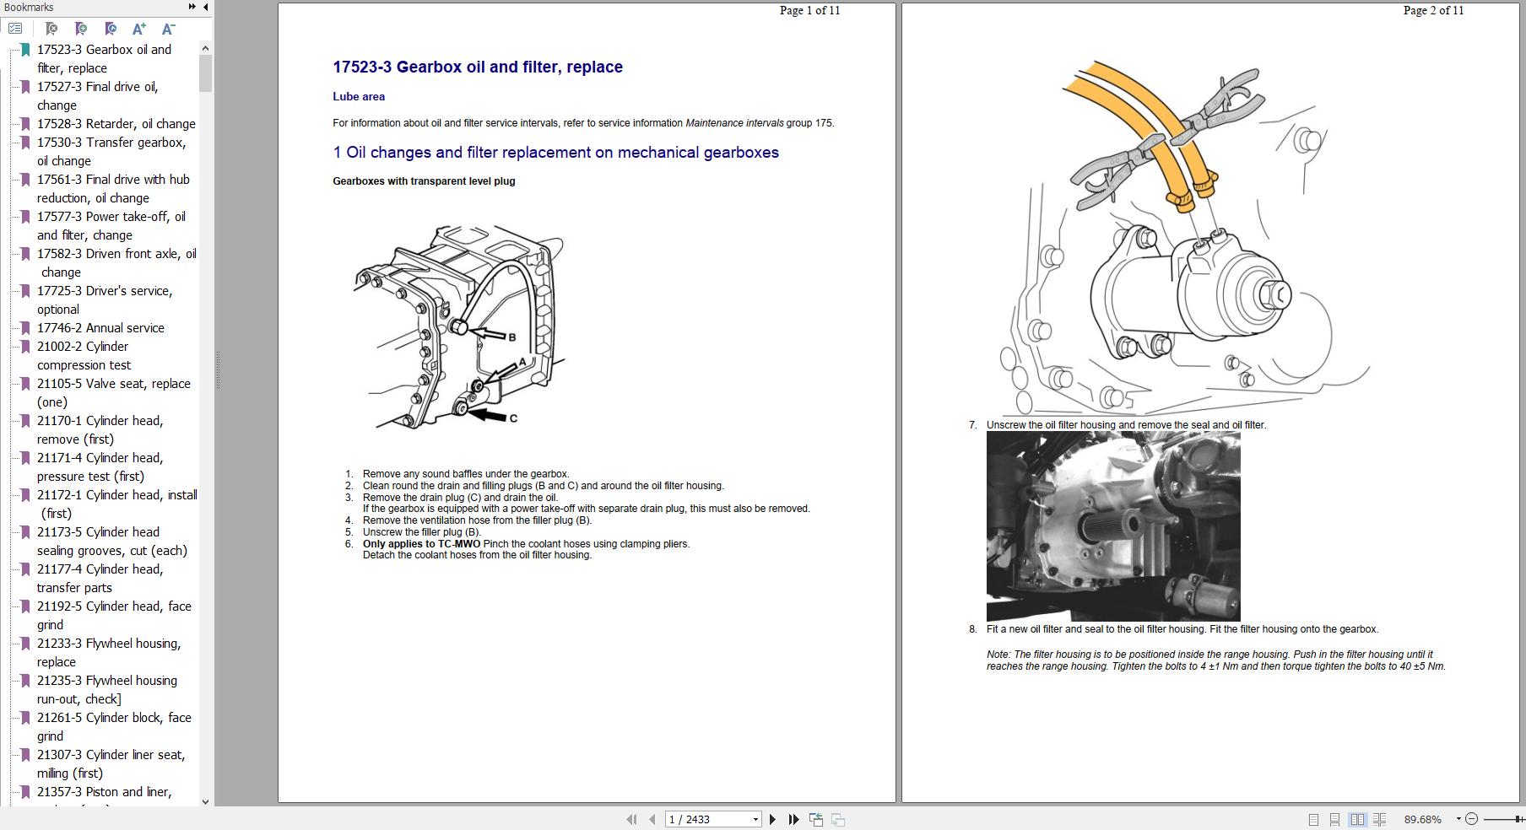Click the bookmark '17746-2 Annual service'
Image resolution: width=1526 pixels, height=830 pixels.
pos(100,328)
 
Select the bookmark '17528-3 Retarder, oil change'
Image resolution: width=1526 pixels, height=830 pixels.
pos(116,124)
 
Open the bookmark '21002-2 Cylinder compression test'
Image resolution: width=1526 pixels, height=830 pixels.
pos(84,356)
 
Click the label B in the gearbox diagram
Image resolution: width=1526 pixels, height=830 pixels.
pos(511,337)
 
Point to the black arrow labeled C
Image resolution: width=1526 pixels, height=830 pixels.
pos(488,415)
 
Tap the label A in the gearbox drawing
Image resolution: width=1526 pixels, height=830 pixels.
pos(522,362)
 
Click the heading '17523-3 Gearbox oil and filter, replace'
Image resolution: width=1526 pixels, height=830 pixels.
pos(477,67)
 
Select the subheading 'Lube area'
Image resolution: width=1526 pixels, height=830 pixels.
pos(359,97)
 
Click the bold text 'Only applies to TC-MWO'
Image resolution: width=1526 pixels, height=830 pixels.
pos(421,544)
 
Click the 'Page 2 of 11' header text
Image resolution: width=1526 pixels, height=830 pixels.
pos(1433,11)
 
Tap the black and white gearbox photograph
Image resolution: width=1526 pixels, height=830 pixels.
pos(1112,526)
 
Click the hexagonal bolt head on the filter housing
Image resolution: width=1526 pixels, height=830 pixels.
pos(1274,294)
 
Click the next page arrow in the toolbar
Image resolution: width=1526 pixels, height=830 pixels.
pos(772,819)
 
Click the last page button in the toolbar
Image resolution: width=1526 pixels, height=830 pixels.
pos(793,819)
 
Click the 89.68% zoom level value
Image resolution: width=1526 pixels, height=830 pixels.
pos(1422,819)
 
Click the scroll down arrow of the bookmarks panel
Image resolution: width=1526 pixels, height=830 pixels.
pos(205,801)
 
